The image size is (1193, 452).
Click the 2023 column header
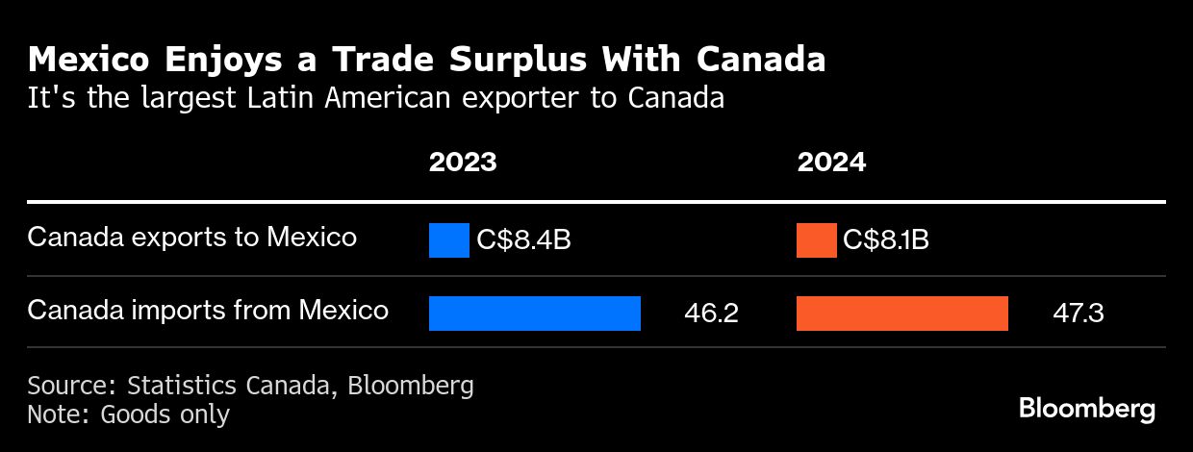coord(463,162)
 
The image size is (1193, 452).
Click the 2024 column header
coord(831,162)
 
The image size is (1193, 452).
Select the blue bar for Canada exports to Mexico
coord(448,240)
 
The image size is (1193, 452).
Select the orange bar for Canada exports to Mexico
coord(816,240)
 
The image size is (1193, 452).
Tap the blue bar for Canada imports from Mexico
coord(534,314)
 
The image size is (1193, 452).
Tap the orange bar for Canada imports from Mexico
coord(902,314)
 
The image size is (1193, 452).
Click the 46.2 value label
coord(711,314)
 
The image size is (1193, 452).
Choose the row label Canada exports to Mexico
coord(192,238)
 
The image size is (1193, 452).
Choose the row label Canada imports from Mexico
coord(208,311)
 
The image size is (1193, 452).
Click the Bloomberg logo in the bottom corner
coord(1087,409)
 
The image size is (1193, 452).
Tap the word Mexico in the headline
coord(87,61)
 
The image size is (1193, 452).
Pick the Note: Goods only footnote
coord(128,414)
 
